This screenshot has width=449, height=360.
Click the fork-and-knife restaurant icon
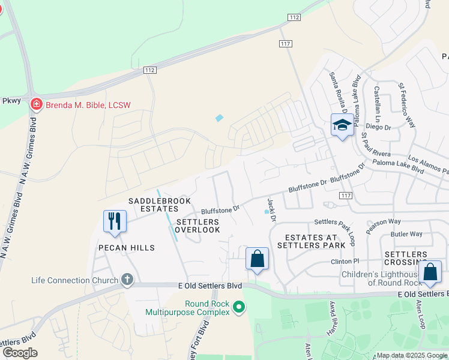[x=115, y=221]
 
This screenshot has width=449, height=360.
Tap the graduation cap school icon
[x=342, y=125]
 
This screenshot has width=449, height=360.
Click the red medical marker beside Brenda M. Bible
[x=36, y=105]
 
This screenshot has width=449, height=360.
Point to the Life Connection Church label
[x=75, y=280]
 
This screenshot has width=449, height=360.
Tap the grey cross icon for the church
[x=127, y=279]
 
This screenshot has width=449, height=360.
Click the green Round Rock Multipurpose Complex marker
[x=239, y=307]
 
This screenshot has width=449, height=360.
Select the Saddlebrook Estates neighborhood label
[x=153, y=205]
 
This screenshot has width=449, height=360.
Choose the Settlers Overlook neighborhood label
[x=198, y=226]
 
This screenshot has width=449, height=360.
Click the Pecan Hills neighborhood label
[x=127, y=248]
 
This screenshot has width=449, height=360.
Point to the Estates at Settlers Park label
[x=312, y=241]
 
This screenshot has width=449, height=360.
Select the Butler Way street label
[x=406, y=234]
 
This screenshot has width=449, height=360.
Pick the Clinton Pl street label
[x=345, y=262]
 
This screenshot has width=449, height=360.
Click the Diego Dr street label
[x=378, y=127]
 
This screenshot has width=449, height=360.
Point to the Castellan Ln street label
[x=377, y=100]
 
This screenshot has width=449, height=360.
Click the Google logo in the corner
[x=20, y=352]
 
